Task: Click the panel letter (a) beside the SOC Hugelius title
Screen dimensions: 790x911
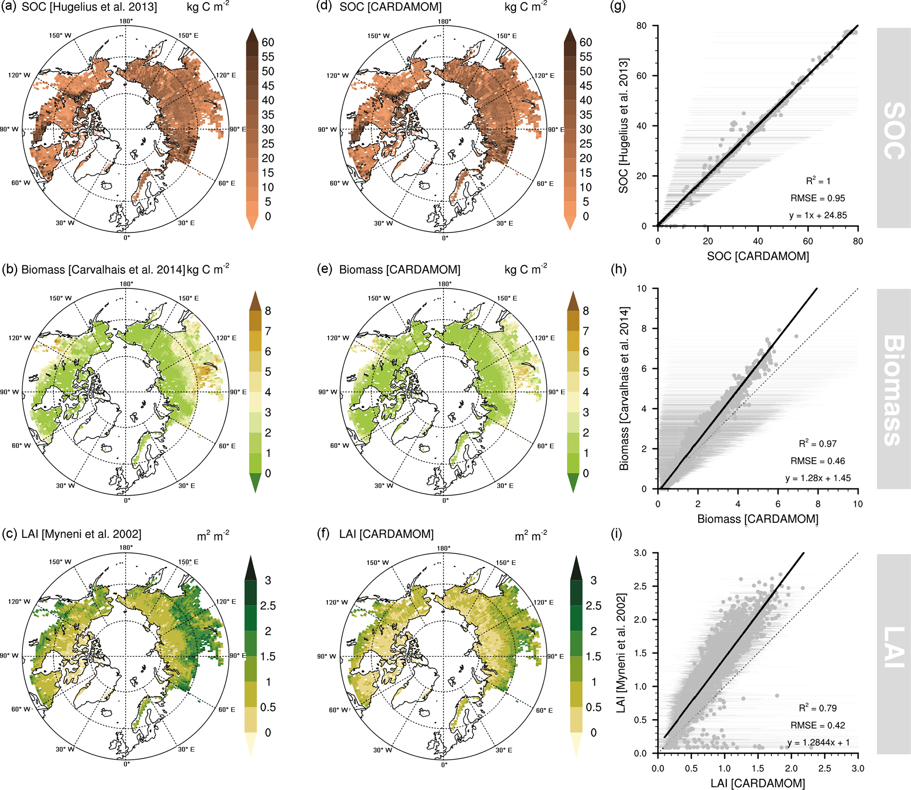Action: (9, 7)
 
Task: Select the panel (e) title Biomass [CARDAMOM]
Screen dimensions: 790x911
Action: (399, 270)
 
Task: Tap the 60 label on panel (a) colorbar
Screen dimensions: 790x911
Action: (268, 42)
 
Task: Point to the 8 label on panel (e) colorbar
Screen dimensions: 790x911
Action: (585, 311)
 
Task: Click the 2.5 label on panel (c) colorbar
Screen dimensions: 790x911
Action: (268, 606)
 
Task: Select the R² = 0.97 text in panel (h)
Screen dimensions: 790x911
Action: (818, 444)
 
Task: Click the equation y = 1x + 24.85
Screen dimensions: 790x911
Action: (818, 216)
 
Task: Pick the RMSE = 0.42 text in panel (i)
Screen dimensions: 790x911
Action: (818, 725)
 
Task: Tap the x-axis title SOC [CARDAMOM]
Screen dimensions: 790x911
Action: (758, 256)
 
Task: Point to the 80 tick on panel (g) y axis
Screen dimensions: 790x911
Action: (641, 26)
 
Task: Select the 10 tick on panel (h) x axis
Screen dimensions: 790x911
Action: (857, 504)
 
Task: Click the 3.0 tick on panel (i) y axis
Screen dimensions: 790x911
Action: (640, 553)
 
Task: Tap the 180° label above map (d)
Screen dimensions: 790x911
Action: (444, 22)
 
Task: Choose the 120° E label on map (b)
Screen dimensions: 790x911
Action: (226, 338)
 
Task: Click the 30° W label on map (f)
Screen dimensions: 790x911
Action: (383, 750)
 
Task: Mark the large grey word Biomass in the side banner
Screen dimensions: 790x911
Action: (893, 390)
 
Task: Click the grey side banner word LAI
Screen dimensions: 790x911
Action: (893, 647)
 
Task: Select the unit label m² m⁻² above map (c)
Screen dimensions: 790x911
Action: (213, 536)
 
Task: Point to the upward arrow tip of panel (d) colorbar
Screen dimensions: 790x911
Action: (570, 29)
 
